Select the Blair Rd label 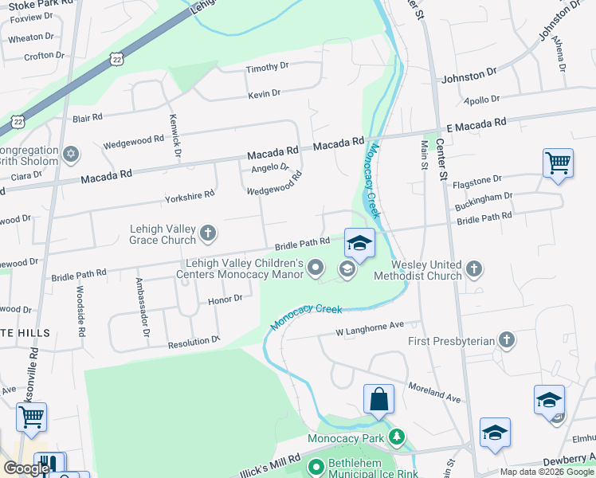click(88, 117)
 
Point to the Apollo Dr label click(482, 100)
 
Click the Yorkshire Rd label click(190, 194)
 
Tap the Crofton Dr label click(44, 56)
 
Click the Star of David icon click(71, 154)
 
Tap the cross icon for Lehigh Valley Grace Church click(208, 233)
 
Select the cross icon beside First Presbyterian click(507, 341)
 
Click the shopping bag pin click(379, 398)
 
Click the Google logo click(26, 468)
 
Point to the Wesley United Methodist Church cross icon click(475, 269)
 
